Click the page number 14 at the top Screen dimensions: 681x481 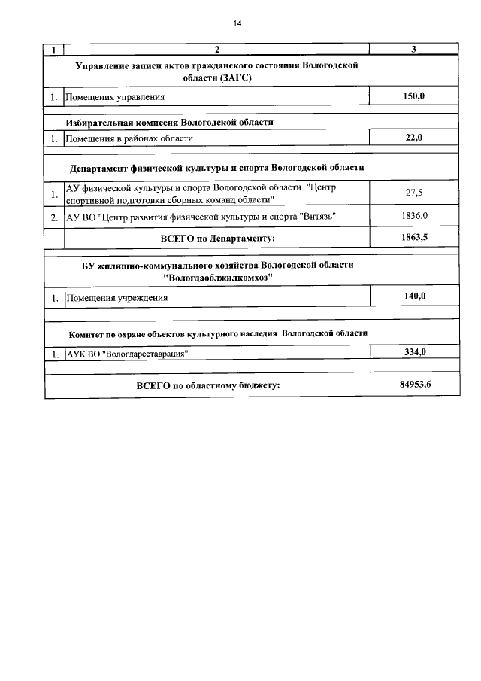[237, 23]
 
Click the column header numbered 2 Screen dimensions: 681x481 [216, 50]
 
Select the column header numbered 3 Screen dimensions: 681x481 [414, 50]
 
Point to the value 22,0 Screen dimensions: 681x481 [414, 138]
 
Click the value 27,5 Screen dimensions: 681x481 [414, 193]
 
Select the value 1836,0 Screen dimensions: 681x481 [414, 216]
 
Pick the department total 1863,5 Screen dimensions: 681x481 [414, 237]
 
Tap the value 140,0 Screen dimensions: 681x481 [414, 296]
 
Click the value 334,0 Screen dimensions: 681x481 [414, 352]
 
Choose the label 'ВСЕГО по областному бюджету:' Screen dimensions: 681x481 [207, 386]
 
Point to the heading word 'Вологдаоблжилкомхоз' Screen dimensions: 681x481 [217, 278]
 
